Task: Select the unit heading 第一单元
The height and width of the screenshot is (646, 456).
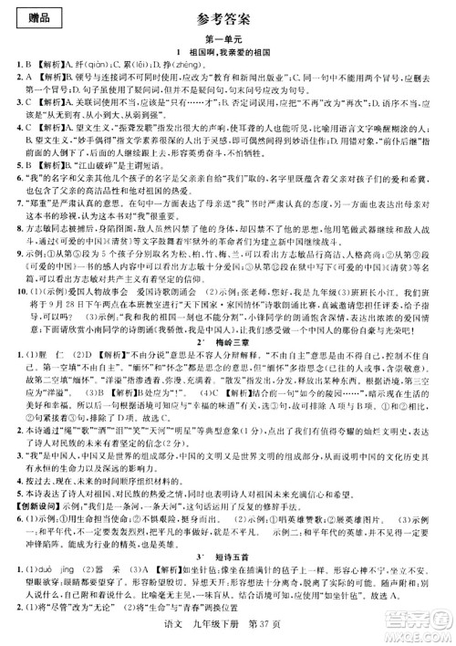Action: click(227, 37)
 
